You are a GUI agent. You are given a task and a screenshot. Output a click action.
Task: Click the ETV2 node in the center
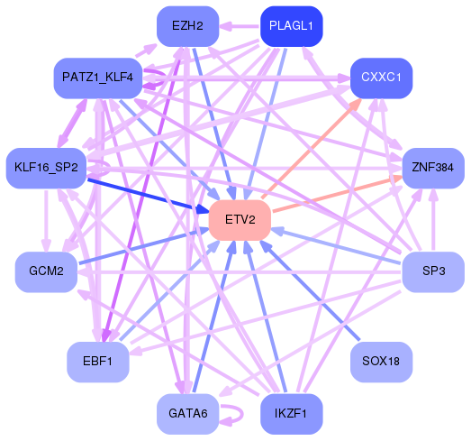point(240,220)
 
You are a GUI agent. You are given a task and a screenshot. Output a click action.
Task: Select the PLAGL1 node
point(291,26)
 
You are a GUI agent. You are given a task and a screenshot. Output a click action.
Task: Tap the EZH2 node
point(187,26)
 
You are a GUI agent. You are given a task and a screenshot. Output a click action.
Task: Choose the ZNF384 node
point(432,168)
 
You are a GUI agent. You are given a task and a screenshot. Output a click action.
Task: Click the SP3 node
point(432,271)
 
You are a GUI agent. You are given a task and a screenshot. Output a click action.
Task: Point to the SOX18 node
point(381,362)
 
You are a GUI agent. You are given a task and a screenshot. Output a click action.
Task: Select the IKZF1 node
point(291,415)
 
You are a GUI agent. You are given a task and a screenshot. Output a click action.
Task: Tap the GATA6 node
point(187,415)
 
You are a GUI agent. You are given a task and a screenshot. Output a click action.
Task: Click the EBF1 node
point(97,362)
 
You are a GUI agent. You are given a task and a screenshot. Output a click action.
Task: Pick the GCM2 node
point(46,271)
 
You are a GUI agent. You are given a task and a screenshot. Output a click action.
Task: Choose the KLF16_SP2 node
point(46,168)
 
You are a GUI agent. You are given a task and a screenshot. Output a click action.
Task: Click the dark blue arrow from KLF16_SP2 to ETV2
point(144,193)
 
